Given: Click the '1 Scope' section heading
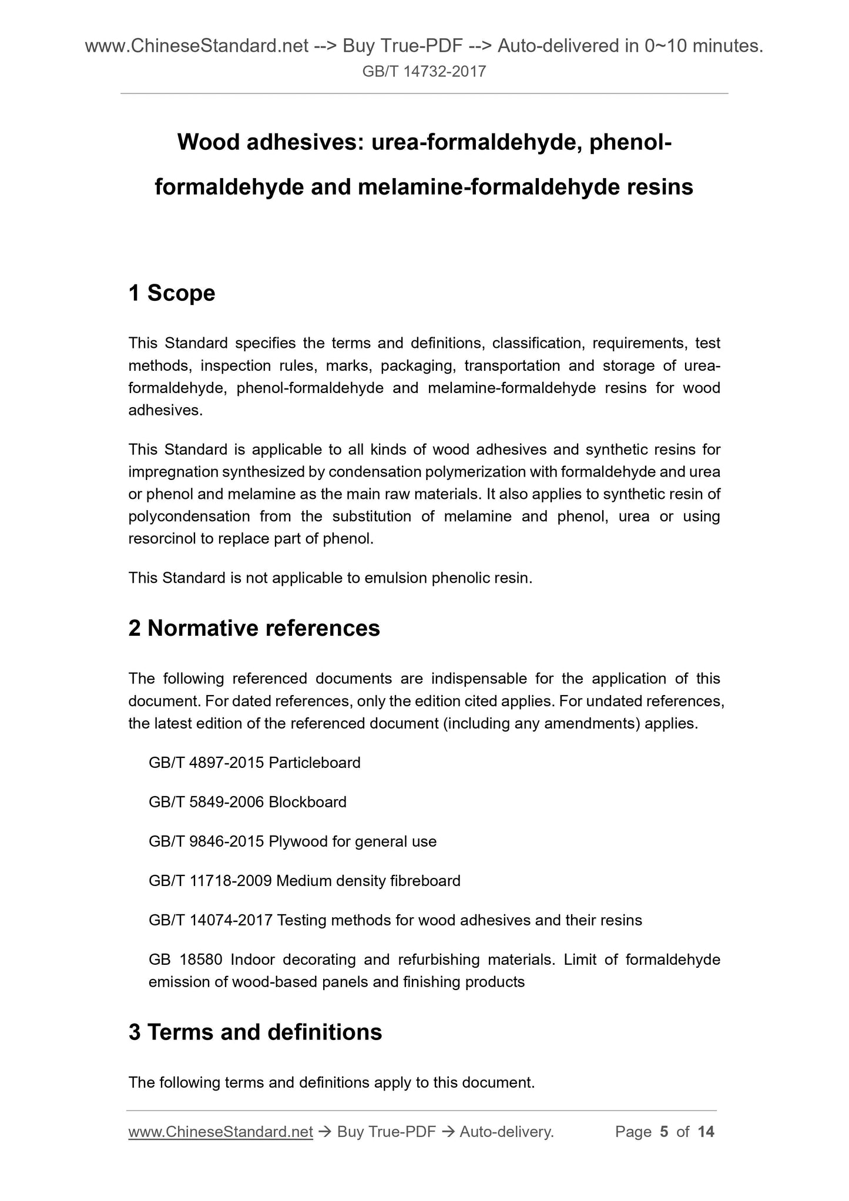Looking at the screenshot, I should coord(172,293).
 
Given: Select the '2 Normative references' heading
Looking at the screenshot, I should coord(254,629).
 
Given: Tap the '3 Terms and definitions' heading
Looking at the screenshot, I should coord(255,1032).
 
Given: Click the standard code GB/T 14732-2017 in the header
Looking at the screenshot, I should coord(424,72).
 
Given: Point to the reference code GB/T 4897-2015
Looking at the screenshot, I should coord(206,763).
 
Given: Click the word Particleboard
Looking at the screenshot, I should coord(315,763).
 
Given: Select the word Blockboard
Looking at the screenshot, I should coord(307,802).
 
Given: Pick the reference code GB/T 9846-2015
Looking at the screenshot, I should coord(206,841).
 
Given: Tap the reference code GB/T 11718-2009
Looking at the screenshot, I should coord(210,881).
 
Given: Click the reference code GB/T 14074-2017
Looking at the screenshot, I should coord(210,920).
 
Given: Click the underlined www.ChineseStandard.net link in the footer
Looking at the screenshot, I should coord(220,1132).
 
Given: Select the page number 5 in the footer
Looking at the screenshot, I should coord(664,1132).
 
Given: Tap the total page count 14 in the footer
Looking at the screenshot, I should coord(706,1132).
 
